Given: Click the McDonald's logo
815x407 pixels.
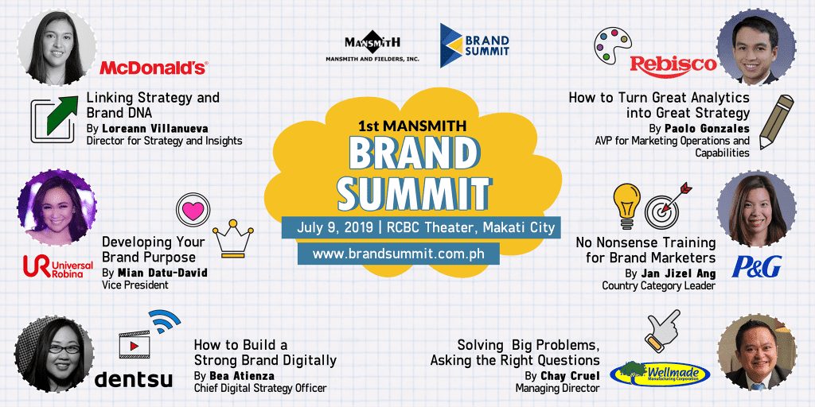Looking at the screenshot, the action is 154,68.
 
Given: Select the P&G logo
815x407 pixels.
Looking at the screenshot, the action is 756,266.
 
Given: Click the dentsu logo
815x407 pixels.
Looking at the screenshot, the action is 134,379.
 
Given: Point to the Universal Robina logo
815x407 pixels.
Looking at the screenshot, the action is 57,266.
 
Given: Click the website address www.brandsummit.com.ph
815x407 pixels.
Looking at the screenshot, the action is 398,254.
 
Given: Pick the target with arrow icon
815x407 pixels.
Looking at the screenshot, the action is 668,204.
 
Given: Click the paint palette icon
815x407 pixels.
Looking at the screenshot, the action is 613,45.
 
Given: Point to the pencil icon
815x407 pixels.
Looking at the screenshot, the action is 776,122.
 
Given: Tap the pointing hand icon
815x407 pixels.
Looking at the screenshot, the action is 661,331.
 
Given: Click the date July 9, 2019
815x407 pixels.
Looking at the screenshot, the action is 335,227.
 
